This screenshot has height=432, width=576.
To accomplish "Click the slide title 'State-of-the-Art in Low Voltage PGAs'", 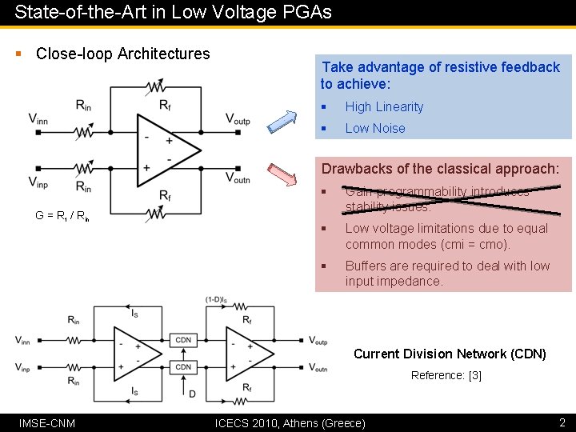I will (173, 13).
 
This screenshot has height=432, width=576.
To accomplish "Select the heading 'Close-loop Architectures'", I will (123, 54).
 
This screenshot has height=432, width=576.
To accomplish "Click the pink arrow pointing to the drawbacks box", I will (282, 174).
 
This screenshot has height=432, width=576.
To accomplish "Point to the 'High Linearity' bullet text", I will (384, 106).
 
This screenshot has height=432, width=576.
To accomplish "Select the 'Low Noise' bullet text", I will (374, 128).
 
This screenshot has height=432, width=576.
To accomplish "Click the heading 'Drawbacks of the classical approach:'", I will (440, 169).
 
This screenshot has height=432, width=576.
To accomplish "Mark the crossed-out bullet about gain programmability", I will (438, 199).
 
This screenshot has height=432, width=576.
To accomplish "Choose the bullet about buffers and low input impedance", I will (447, 274).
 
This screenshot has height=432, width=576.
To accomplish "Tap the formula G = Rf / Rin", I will (62, 215).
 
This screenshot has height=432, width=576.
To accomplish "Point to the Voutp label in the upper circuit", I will (238, 119).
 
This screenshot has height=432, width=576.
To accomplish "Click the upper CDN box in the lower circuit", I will (183, 340).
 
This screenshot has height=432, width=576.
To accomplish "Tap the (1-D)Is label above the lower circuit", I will (214, 300).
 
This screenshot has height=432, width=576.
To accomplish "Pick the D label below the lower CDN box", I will (191, 393).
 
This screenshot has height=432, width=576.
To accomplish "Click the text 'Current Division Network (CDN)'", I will (450, 354).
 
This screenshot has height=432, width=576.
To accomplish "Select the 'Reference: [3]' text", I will (446, 375).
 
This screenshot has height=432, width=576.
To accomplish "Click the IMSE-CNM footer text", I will (47, 422).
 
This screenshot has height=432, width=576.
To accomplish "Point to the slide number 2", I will (562, 422).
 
